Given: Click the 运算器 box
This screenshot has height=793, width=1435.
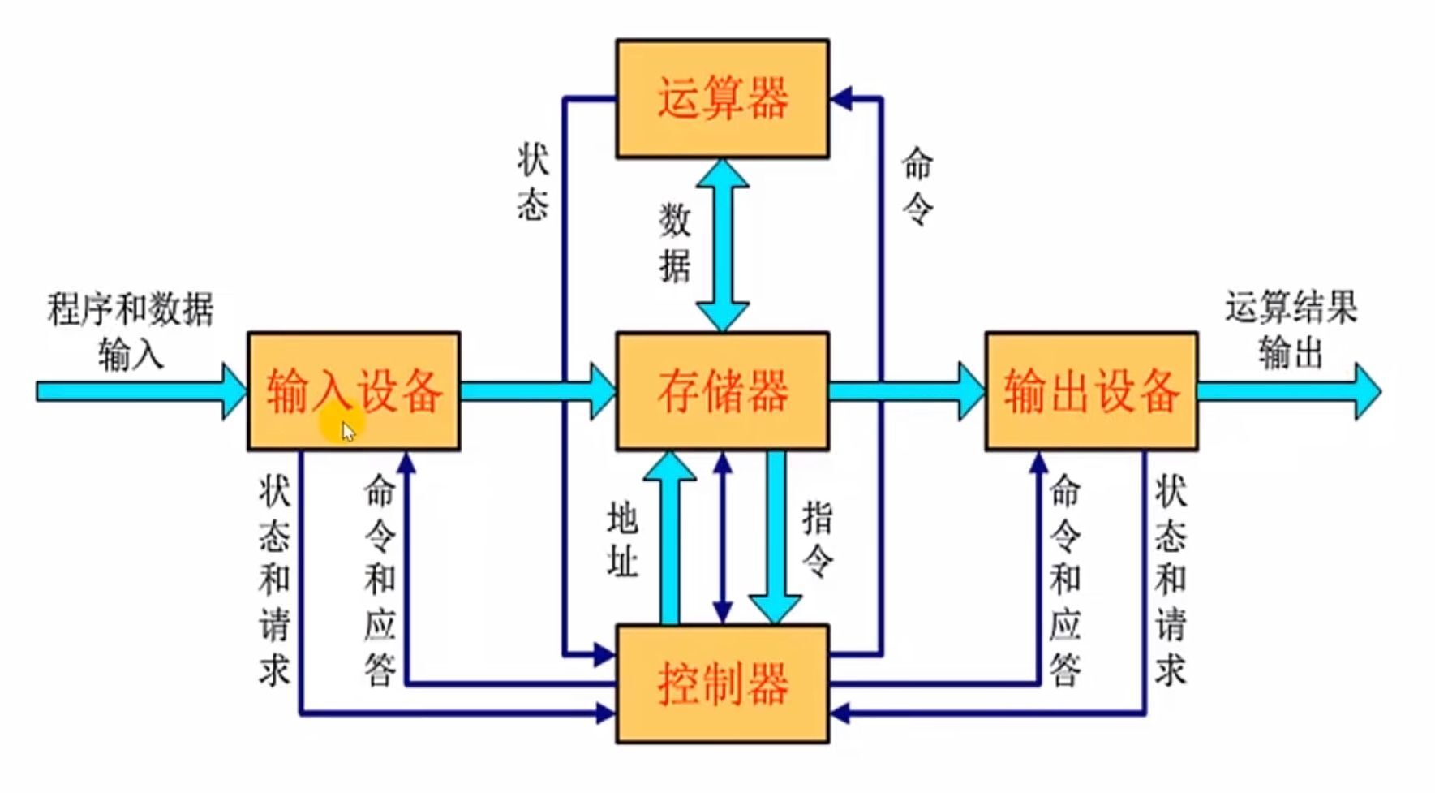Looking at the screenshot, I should coord(722,98).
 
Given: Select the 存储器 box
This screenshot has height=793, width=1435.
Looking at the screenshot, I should coord(722,390).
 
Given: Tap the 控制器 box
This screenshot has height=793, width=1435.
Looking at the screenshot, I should coord(722,683).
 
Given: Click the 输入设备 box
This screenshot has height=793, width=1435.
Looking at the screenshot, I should coord(354,390).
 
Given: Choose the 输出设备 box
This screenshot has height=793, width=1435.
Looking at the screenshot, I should coord(1091,390).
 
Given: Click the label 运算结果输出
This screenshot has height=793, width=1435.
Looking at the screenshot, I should coord(1290,330).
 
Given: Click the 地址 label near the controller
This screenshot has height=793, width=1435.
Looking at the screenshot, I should coord(622,539).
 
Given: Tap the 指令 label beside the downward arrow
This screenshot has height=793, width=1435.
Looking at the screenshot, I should coord(817,539).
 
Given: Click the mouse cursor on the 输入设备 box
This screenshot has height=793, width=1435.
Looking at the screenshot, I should coord(348,431).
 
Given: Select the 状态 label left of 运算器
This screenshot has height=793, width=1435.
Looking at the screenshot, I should coord(532,183).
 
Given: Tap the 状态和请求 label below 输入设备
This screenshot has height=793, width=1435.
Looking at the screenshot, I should coord(274,580).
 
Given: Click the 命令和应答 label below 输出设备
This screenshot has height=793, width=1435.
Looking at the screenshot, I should coord(1065,580).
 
